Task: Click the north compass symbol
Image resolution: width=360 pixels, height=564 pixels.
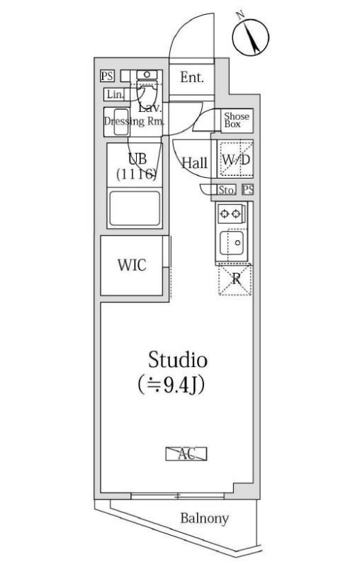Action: tap(251, 36)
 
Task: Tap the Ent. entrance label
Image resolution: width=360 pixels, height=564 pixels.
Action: tap(191, 77)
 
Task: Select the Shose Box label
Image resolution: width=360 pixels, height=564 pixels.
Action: tap(237, 120)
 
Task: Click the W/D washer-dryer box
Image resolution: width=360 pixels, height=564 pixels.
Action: tap(236, 161)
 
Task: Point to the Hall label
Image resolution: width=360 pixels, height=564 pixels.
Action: tap(194, 163)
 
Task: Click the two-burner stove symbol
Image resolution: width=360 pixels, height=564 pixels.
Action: tap(232, 212)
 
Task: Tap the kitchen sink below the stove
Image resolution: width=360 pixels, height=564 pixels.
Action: tap(231, 244)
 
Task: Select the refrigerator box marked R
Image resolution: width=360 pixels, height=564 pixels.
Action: tap(235, 280)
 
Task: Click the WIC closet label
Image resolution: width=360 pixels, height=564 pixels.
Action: tap(132, 266)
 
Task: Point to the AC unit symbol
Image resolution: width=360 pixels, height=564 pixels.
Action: tap(187, 454)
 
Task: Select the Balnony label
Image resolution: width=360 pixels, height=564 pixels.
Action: tap(204, 519)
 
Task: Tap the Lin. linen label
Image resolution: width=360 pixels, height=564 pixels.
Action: tap(113, 94)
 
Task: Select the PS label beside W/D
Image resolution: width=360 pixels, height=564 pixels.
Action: tap(247, 189)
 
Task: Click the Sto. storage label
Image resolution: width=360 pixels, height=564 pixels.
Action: tap(225, 189)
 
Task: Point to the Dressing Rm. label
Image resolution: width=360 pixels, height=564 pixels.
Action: tap(135, 121)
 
